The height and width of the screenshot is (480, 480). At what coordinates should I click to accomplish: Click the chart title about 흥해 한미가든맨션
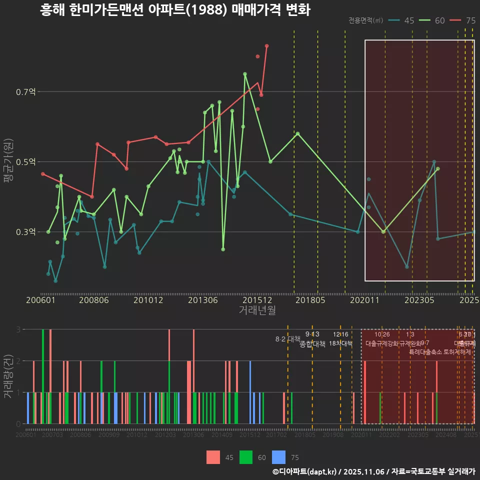click(175, 10)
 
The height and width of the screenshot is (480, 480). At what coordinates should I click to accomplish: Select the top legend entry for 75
click(462, 20)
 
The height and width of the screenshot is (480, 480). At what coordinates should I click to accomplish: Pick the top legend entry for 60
click(432, 20)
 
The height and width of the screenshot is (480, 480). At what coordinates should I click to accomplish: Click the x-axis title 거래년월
click(257, 310)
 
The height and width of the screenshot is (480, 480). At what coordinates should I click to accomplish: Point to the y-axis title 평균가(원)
click(8, 162)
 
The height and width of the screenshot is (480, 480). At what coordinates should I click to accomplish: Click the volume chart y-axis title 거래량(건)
click(8, 376)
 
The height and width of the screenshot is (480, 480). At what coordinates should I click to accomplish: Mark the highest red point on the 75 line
click(267, 46)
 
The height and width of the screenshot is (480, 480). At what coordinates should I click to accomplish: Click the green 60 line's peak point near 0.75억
click(245, 74)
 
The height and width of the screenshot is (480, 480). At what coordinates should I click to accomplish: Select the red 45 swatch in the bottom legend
click(213, 457)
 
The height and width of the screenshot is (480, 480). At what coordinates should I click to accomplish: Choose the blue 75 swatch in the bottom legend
click(279, 457)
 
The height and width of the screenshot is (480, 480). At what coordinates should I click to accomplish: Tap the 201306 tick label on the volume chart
click(193, 435)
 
